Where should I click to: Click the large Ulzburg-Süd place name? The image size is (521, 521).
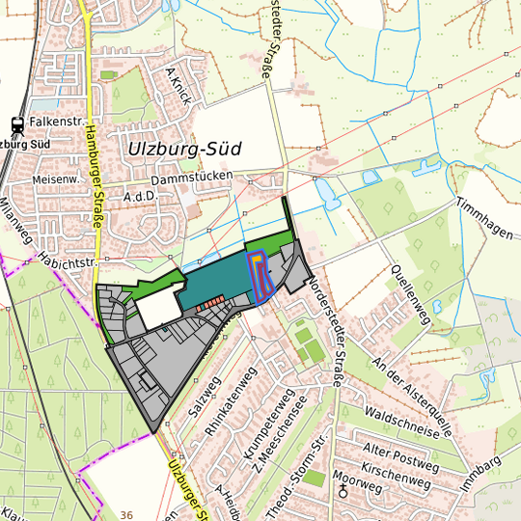(x=184, y=150)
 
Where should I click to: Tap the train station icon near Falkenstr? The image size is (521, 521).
(x=16, y=123)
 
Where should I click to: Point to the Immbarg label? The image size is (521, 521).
(x=482, y=478)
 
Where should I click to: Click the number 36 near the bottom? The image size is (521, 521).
(x=126, y=515)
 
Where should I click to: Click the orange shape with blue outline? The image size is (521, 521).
(x=259, y=275)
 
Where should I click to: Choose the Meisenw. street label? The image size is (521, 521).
(x=54, y=179)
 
